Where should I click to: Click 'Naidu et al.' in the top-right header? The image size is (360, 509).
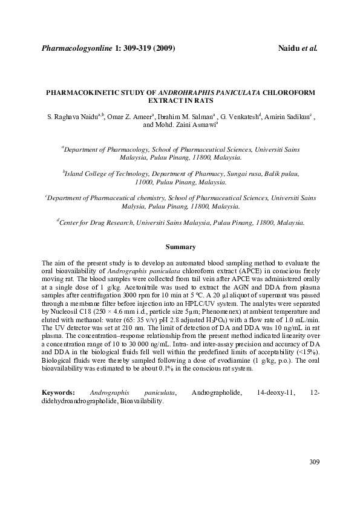pos(298,47)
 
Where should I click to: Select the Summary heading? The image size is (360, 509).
pos(180,247)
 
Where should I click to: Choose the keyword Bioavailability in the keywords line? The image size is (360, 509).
pos(140,401)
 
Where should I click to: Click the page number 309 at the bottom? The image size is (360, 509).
pos(313,462)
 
